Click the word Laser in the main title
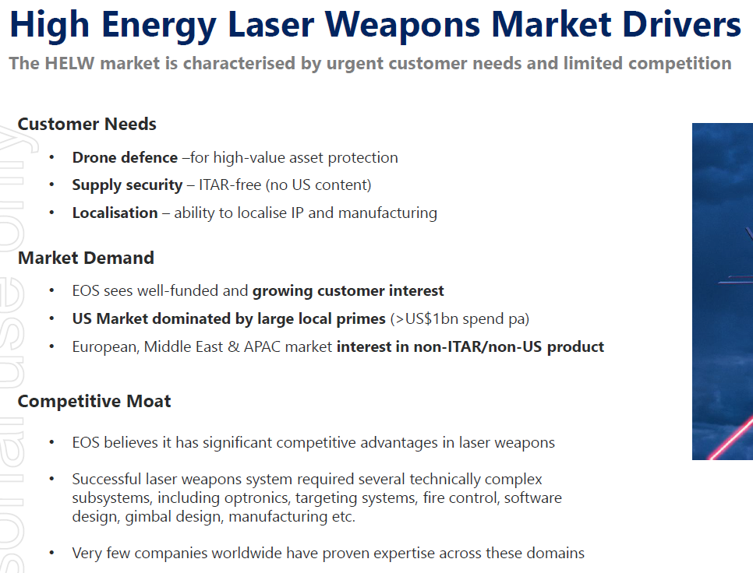tap(271, 24)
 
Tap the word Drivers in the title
tap(682, 24)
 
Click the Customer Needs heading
tap(87, 125)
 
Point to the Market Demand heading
tap(86, 258)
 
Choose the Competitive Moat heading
tap(94, 402)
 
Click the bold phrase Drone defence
tap(125, 158)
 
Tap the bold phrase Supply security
tap(127, 185)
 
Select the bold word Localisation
tap(115, 213)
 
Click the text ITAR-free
tap(230, 185)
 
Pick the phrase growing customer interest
tap(348, 291)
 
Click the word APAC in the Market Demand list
tap(262, 346)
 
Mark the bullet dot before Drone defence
tap(51, 158)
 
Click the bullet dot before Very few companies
tap(51, 554)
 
